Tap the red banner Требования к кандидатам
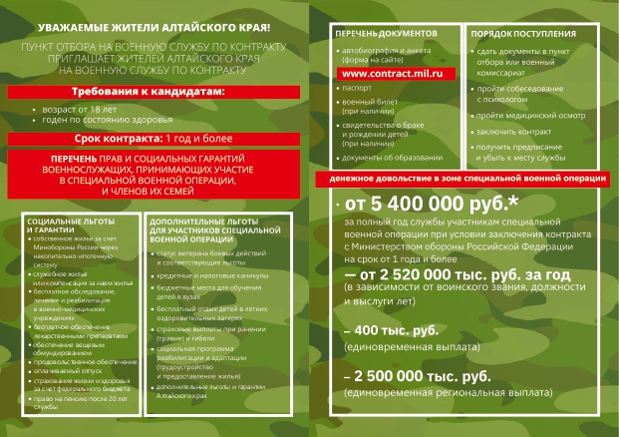pos(150,92)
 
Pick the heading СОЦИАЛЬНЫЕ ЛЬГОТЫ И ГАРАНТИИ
pos(62,223)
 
